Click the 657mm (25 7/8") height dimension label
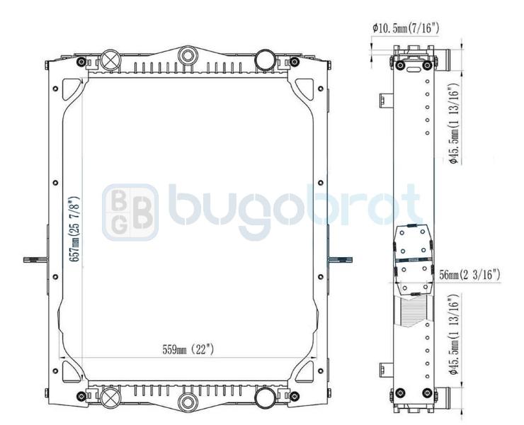coord(75,229)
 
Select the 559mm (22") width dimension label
coord(188,350)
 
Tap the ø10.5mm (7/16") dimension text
coord(406,28)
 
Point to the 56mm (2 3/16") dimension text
coord(469,275)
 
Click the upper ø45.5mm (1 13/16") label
coord(455,123)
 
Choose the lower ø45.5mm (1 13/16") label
coord(455,335)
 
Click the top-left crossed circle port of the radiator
coord(110,60)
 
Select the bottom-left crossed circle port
coord(110,398)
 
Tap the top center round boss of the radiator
coord(188,55)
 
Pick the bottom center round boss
coord(188,402)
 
